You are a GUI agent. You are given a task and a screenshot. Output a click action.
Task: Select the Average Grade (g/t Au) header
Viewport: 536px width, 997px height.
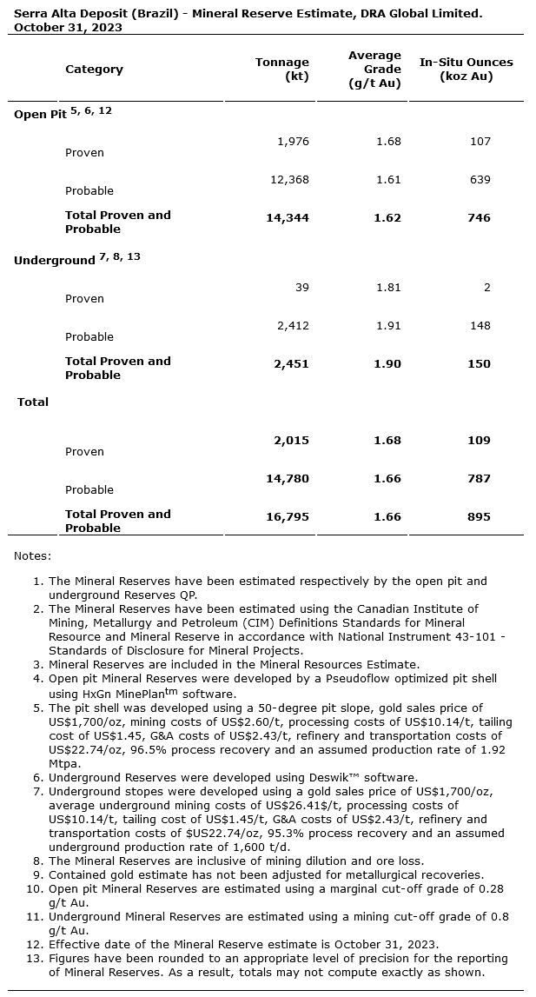tap(374, 69)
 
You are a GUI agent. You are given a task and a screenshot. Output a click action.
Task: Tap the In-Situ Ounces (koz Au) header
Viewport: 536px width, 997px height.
tap(467, 69)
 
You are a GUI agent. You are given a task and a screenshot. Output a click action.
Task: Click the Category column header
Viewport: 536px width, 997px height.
tap(94, 69)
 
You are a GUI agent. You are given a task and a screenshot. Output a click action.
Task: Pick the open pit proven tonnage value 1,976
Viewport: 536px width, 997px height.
tap(293, 141)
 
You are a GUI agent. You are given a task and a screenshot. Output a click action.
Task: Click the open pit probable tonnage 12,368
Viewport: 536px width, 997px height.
tap(289, 179)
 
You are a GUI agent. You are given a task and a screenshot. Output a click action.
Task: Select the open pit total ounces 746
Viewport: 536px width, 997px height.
tap(479, 217)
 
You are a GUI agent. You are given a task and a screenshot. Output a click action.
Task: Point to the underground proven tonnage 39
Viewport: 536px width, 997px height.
tap(301, 287)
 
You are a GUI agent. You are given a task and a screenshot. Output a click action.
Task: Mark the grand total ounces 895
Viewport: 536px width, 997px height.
tap(479, 516)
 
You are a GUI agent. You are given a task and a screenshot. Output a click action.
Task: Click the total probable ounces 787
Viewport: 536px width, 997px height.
tap(479, 478)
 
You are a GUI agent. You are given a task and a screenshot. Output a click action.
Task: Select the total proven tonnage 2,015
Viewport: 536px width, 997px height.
tap(291, 440)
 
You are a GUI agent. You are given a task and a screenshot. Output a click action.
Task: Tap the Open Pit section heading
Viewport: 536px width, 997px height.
tap(39, 114)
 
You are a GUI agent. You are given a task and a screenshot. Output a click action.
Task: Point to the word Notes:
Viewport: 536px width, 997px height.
tap(32, 555)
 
